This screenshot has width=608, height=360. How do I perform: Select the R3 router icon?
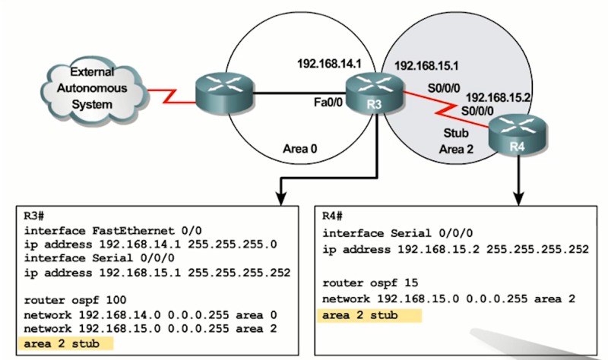coord(366,93)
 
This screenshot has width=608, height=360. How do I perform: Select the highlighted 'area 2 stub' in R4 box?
coord(359,315)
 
